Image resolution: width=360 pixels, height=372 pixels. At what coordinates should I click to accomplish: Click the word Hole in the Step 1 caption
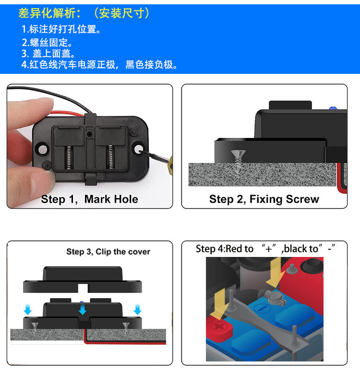pos(127,199)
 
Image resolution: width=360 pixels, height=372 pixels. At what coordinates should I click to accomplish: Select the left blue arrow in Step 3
pos(27,310)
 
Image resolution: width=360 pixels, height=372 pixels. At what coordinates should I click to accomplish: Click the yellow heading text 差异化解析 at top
pos(45,13)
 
